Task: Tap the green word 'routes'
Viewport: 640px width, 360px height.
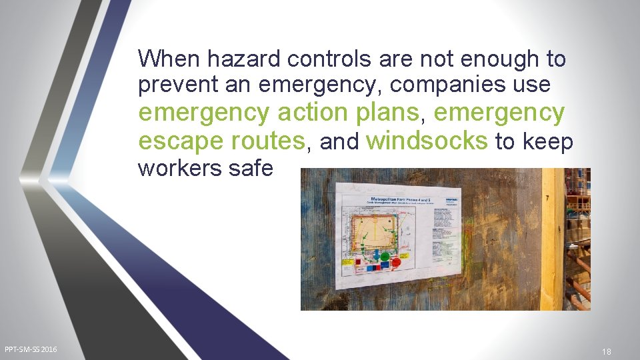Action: click(267, 141)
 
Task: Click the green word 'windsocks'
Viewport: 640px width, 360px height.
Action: click(427, 141)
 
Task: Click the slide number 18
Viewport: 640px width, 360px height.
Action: click(606, 351)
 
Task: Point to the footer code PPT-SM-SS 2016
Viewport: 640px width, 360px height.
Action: click(31, 349)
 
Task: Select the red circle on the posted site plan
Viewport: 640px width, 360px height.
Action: click(395, 262)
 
